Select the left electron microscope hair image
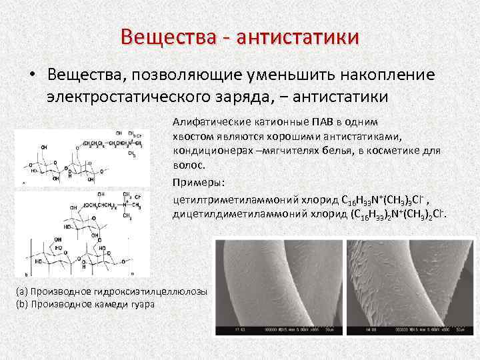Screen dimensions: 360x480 tap(276, 287)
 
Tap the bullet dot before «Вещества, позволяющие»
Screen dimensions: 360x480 tap(31, 75)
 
